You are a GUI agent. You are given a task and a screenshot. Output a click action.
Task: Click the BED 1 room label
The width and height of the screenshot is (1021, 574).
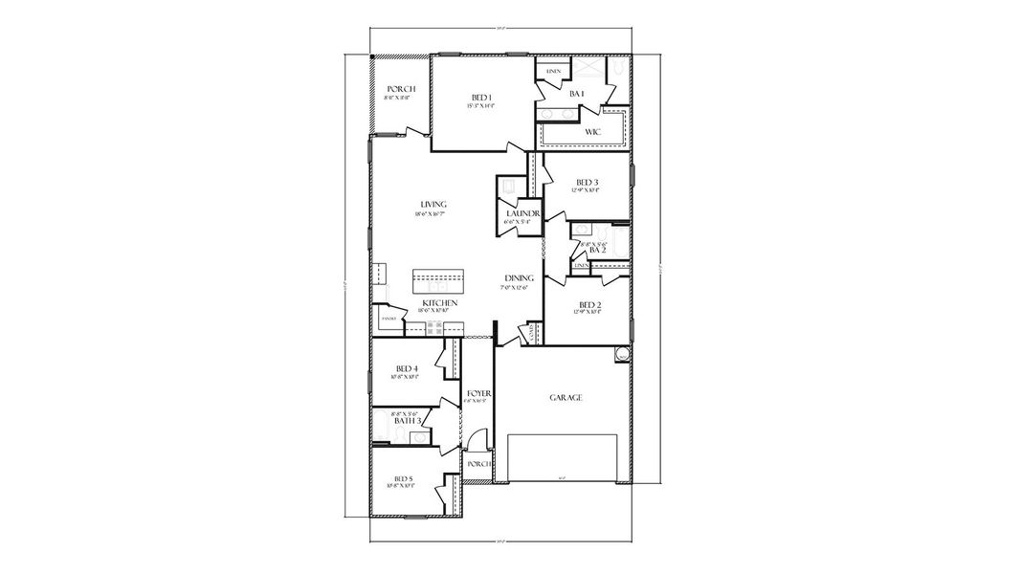click(x=481, y=97)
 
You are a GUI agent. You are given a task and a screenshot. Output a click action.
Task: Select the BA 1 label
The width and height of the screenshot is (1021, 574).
click(x=576, y=94)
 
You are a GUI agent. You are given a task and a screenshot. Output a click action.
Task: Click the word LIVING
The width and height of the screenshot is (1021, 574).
click(x=433, y=204)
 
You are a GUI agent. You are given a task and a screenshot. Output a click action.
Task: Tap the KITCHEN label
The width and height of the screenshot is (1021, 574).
click(x=439, y=302)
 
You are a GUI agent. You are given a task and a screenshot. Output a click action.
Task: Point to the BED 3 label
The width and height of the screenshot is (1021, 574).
click(x=587, y=182)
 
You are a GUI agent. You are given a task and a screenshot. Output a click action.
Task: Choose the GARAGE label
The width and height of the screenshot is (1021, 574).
click(x=566, y=397)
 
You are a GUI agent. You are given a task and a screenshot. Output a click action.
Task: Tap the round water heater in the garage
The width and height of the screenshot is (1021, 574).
click(x=621, y=354)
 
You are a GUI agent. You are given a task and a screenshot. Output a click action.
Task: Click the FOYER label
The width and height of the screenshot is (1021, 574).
click(x=478, y=393)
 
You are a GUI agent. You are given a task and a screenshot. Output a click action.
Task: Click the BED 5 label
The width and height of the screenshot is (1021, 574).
click(x=403, y=478)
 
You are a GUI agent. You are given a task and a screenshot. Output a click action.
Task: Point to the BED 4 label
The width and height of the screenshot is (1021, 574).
click(x=407, y=368)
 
